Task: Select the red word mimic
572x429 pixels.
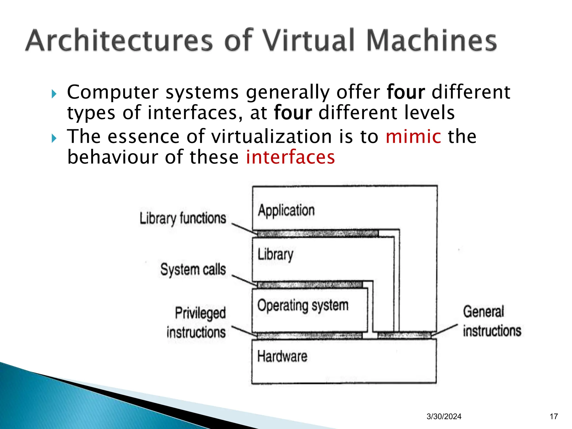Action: pyautogui.click(x=413, y=137)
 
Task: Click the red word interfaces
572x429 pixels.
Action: pyautogui.click(x=290, y=157)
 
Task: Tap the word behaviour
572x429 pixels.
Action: pyautogui.click(x=113, y=157)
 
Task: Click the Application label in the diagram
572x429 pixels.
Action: pyautogui.click(x=286, y=211)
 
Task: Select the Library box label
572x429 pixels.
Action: pyautogui.click(x=275, y=254)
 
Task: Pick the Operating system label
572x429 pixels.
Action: pyautogui.click(x=303, y=306)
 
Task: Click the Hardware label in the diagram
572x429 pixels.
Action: pyautogui.click(x=282, y=357)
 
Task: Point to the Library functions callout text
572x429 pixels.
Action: pyautogui.click(x=183, y=218)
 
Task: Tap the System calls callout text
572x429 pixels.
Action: pyautogui.click(x=193, y=270)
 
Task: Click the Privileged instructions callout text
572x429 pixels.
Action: pyautogui.click(x=197, y=323)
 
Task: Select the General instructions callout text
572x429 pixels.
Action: pyautogui.click(x=492, y=321)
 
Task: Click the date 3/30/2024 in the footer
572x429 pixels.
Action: pyautogui.click(x=444, y=416)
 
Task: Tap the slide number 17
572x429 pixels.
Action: pyautogui.click(x=554, y=416)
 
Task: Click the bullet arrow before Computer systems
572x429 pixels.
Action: pyautogui.click(x=54, y=94)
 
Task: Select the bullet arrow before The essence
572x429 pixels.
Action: pyautogui.click(x=54, y=138)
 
